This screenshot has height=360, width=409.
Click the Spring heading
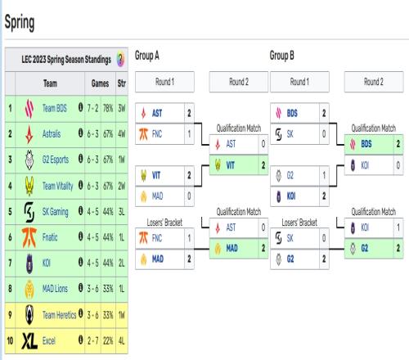[20, 22]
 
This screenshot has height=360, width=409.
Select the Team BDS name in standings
[55, 108]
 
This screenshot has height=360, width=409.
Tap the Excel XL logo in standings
[29, 341]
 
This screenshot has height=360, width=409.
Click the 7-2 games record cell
[92, 108]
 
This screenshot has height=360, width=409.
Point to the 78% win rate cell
[108, 108]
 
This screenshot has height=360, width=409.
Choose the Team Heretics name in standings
[59, 315]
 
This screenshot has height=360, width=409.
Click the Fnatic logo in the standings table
[29, 237]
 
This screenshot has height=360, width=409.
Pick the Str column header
[122, 83]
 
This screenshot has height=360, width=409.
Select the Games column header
[100, 83]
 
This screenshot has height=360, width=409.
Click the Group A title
[147, 56]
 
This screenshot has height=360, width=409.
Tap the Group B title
[282, 56]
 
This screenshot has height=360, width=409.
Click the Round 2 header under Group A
[239, 82]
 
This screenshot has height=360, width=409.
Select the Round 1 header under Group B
[299, 82]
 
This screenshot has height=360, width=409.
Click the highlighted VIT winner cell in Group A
[239, 165]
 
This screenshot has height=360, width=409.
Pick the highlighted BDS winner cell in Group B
[374, 144]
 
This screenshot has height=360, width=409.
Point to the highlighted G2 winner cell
[374, 248]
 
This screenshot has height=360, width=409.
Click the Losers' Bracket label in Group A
[164, 223]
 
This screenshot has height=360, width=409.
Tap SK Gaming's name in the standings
[55, 212]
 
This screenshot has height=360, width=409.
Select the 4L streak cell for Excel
[122, 341]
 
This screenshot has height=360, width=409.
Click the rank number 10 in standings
[10, 341]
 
